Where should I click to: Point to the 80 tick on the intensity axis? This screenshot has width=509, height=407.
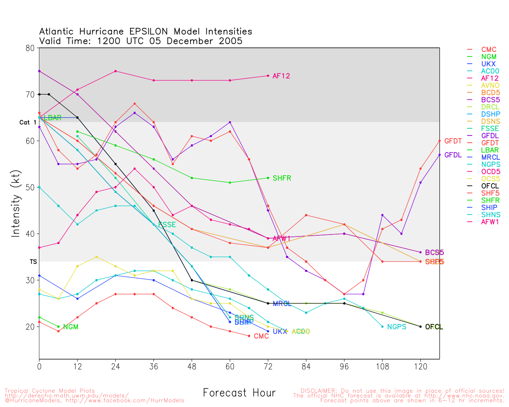(30, 48)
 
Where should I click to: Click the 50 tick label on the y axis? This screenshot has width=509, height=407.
(30, 187)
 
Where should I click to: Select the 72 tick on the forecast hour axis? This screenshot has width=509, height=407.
(268, 366)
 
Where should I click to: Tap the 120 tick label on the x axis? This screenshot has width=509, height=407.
(420, 366)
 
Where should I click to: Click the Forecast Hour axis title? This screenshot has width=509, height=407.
(239, 393)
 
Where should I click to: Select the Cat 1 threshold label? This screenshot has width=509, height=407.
(28, 122)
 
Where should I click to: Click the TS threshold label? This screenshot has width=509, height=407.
(33, 262)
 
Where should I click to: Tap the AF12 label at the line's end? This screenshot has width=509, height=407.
(281, 76)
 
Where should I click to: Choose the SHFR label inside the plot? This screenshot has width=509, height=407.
(282, 178)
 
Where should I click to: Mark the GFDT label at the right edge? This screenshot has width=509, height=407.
(453, 141)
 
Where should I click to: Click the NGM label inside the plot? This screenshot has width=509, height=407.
(70, 327)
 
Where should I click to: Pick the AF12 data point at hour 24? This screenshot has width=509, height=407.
(115, 71)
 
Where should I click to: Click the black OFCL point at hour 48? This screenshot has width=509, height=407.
(192, 280)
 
